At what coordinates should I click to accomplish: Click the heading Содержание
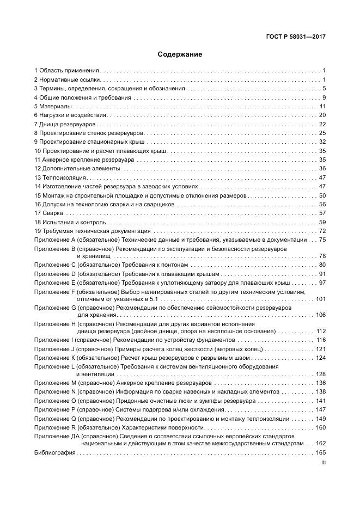pyautogui.click(x=180, y=54)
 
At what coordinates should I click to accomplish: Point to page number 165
pyautogui.click(x=320, y=453)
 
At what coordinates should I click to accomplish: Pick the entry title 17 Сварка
pyautogui.click(x=48, y=213)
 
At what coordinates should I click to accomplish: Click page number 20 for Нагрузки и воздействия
pyautogui.click(x=322, y=115)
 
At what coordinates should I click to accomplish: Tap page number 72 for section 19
pyautogui.click(x=322, y=231)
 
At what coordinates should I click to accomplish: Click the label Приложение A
pyautogui.click(x=54, y=240)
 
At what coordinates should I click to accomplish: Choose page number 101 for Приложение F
pyautogui.click(x=320, y=299)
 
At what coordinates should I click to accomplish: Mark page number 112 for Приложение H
pyautogui.click(x=320, y=331)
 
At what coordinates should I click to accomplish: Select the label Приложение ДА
pyautogui.click(x=57, y=437)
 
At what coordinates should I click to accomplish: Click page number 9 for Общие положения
pyautogui.click(x=324, y=97)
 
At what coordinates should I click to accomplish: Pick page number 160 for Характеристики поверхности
pyautogui.click(x=320, y=428)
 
